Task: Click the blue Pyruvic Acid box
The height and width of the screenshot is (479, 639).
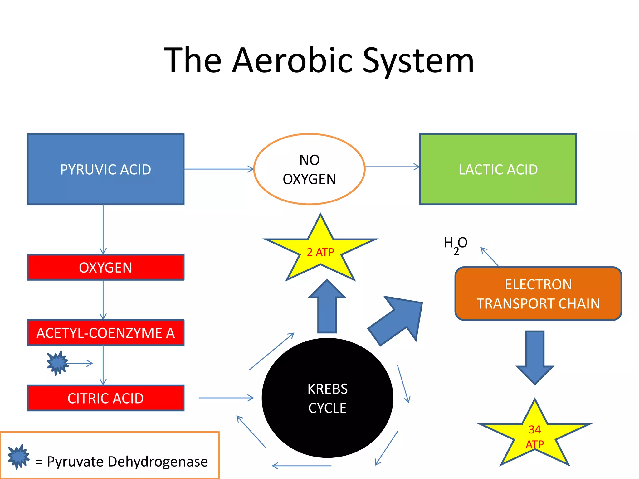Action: (x=105, y=169)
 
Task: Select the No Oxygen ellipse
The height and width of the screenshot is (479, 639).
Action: (x=309, y=169)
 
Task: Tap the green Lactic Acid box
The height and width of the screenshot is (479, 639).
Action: (x=498, y=169)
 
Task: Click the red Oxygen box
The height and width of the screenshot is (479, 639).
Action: (x=105, y=267)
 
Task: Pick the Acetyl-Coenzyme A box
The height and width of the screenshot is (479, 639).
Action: (x=105, y=333)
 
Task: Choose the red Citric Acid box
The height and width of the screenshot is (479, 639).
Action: (x=105, y=398)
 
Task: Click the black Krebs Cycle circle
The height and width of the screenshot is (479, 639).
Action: (x=327, y=398)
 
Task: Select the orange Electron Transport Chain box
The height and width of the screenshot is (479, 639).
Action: (x=538, y=294)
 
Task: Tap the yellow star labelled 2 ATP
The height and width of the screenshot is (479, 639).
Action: (x=320, y=252)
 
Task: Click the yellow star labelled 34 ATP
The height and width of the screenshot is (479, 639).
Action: (x=534, y=437)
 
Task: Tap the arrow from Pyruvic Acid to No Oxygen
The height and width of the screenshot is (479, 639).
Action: (x=218, y=169)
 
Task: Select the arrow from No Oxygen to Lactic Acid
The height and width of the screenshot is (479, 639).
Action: (x=392, y=167)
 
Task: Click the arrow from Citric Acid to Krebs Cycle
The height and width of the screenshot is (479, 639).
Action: (x=226, y=398)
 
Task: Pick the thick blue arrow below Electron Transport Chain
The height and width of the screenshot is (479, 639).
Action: (x=534, y=356)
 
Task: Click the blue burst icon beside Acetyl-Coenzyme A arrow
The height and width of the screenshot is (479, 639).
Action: (x=57, y=363)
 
